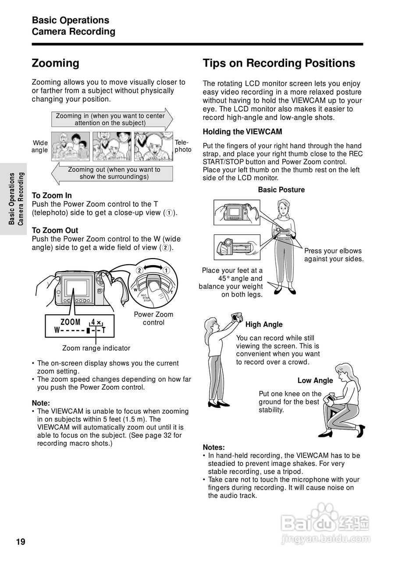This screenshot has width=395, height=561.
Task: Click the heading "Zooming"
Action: pyautogui.click(x=56, y=63)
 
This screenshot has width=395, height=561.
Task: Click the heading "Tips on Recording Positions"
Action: pyautogui.click(x=279, y=63)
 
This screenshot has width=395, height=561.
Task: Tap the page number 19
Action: pyautogui.click(x=21, y=542)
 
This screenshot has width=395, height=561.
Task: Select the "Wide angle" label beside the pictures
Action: pyautogui.click(x=40, y=146)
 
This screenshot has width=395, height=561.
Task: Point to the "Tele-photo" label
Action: pyautogui.click(x=183, y=146)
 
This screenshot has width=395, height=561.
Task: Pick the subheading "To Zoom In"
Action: pyautogui.click(x=52, y=195)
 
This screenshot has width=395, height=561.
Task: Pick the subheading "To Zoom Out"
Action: pyautogui.click(x=55, y=231)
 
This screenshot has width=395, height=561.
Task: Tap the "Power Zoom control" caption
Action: pyautogui.click(x=153, y=318)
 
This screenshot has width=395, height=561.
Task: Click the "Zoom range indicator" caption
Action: pyautogui.click(x=96, y=348)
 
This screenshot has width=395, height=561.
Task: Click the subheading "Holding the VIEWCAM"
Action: pyautogui.click(x=242, y=131)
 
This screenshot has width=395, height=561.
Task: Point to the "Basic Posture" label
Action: pyautogui.click(x=281, y=190)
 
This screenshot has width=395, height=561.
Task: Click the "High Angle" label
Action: pyautogui.click(x=264, y=324)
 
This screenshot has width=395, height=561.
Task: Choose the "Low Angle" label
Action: pyautogui.click(x=315, y=380)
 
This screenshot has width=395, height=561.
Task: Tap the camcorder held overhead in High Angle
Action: pyautogui.click(x=237, y=316)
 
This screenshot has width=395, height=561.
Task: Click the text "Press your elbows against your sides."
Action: pyautogui.click(x=334, y=255)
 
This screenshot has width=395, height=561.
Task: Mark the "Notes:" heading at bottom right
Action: pyautogui.click(x=214, y=447)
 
